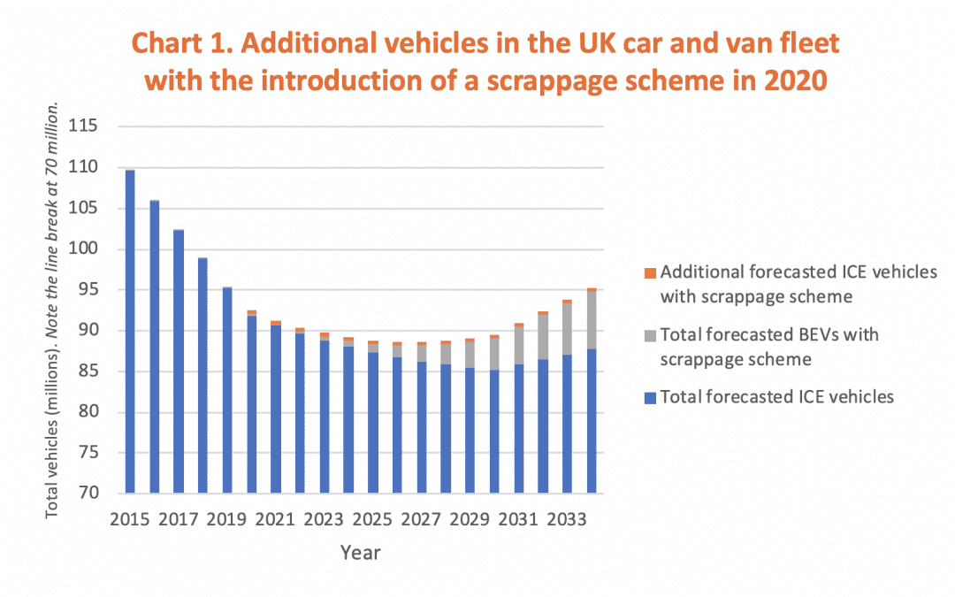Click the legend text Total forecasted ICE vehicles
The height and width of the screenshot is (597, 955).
pos(777,397)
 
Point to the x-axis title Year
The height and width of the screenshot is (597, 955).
pos(361,553)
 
